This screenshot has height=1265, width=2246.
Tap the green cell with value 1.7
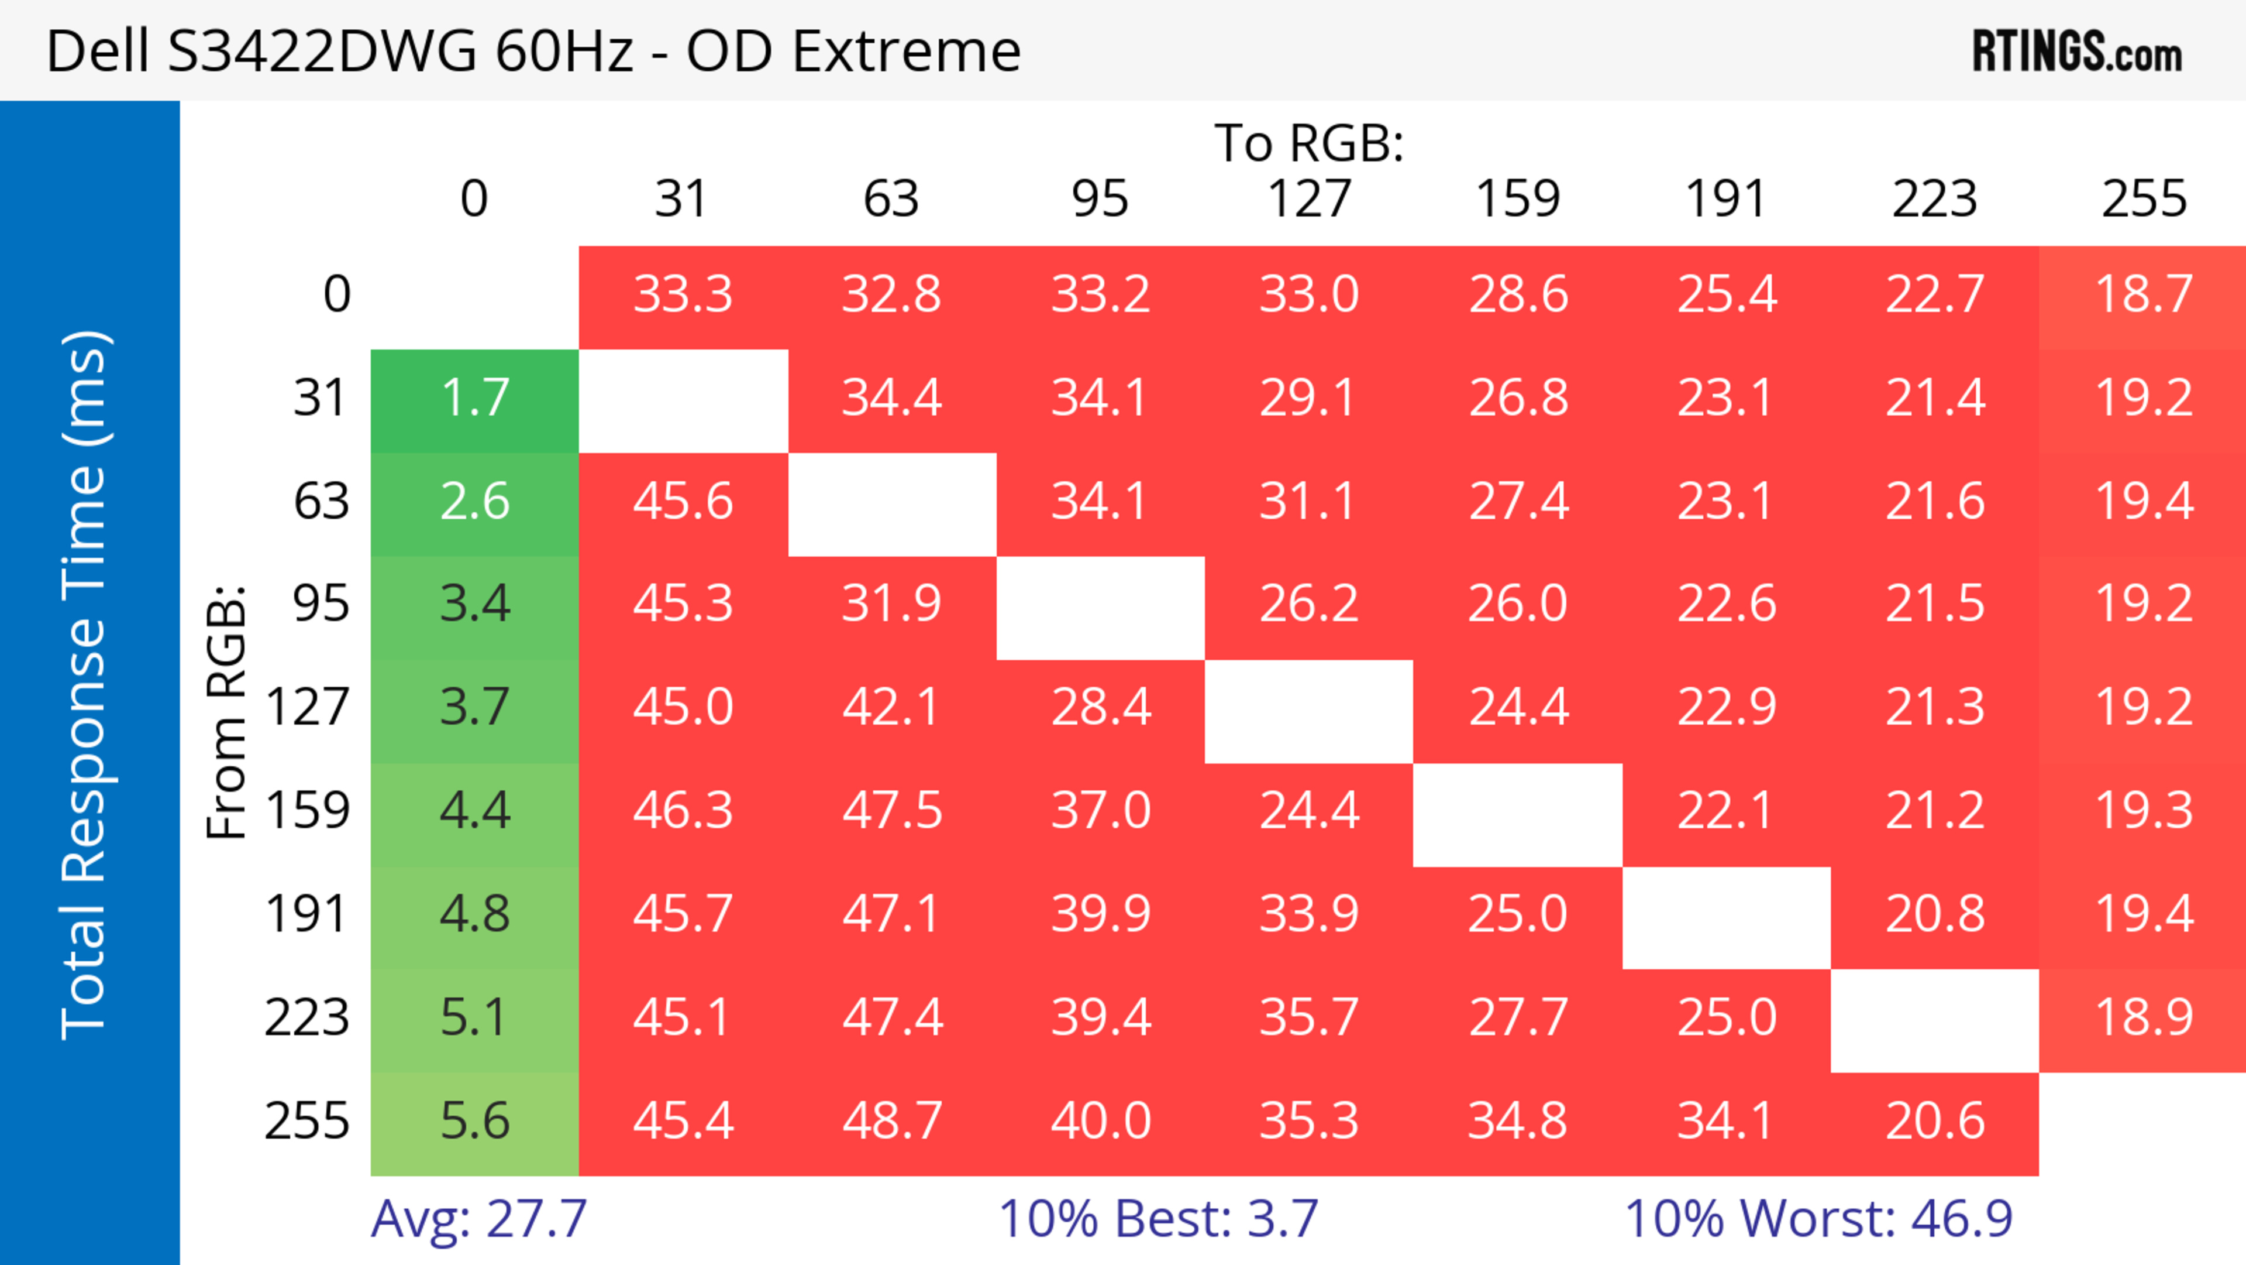[x=474, y=399]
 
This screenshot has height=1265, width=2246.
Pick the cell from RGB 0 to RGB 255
[x=2143, y=295]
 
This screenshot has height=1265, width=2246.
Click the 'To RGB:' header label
[x=1309, y=143]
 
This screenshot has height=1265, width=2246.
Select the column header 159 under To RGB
[x=1517, y=199]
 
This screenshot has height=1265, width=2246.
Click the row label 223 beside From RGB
[x=307, y=1018]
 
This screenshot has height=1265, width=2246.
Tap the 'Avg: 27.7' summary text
[x=478, y=1219]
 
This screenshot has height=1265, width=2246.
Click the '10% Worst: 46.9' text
[x=1818, y=1219]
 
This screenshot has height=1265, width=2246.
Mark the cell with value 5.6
[x=474, y=1121]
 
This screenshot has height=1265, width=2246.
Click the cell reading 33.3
[x=683, y=295]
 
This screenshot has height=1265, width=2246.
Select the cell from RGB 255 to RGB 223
[x=1935, y=1121]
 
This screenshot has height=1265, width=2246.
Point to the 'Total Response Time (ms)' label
[x=85, y=685]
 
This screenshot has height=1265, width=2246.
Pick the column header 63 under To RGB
[x=891, y=199]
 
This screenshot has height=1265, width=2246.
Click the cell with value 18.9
[x=2143, y=1018]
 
